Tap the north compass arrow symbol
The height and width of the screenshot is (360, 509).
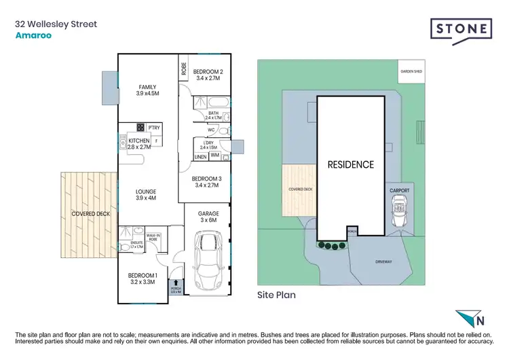pos(469,319)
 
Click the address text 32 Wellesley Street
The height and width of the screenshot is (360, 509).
pos(56,24)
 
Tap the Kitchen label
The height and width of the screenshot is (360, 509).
pos(138,141)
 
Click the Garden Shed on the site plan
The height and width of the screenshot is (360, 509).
pos(411,71)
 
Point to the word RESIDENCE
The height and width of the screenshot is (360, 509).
pos(350,164)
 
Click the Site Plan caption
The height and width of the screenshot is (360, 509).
pos(276,295)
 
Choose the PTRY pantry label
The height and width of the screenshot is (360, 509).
pos(154,127)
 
